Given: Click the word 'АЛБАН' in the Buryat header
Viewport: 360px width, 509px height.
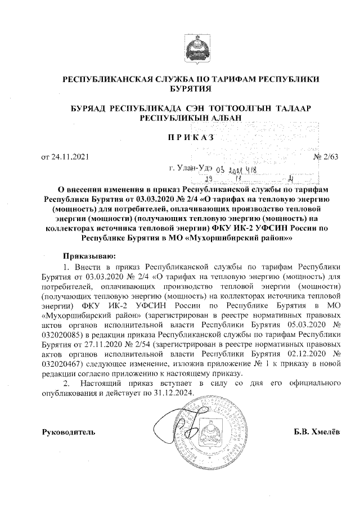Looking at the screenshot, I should coord(223,117).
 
